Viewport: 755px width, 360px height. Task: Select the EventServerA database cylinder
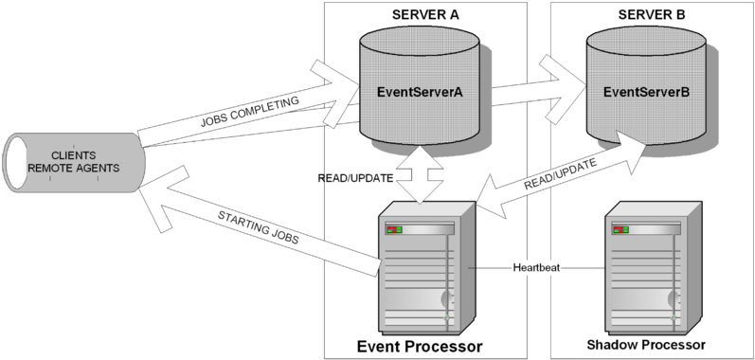pos(420,92)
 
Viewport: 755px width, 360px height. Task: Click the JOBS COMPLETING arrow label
pos(250,111)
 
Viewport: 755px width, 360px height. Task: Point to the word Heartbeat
pos(537,268)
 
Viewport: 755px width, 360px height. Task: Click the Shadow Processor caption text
pos(646,345)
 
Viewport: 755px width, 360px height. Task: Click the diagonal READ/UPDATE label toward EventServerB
pos(562,176)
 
